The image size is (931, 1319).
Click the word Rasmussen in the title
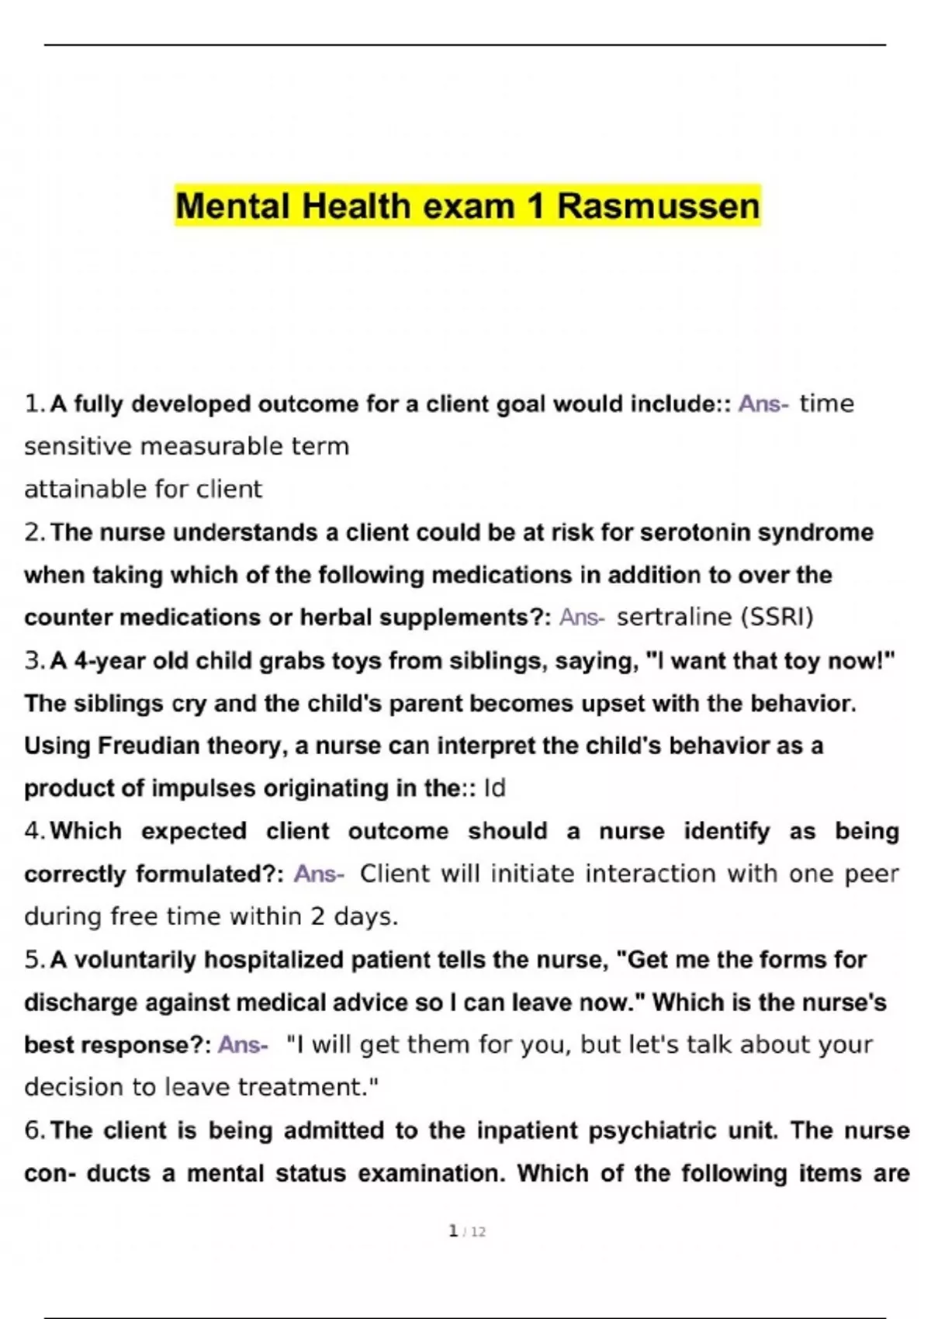[x=658, y=206]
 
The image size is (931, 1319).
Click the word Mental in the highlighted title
[x=232, y=206]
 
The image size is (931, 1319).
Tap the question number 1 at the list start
[x=32, y=404]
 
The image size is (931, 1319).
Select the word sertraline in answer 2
[x=674, y=617]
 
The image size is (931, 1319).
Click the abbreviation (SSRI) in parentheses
[x=777, y=617]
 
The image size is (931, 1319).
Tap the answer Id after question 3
[x=494, y=788]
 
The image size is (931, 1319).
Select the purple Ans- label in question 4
[x=319, y=874]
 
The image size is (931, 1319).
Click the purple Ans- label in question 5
[x=243, y=1044]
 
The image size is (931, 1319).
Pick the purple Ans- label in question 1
[x=763, y=404]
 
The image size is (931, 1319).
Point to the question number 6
[x=32, y=1130]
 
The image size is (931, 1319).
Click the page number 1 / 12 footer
[x=467, y=1231]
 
